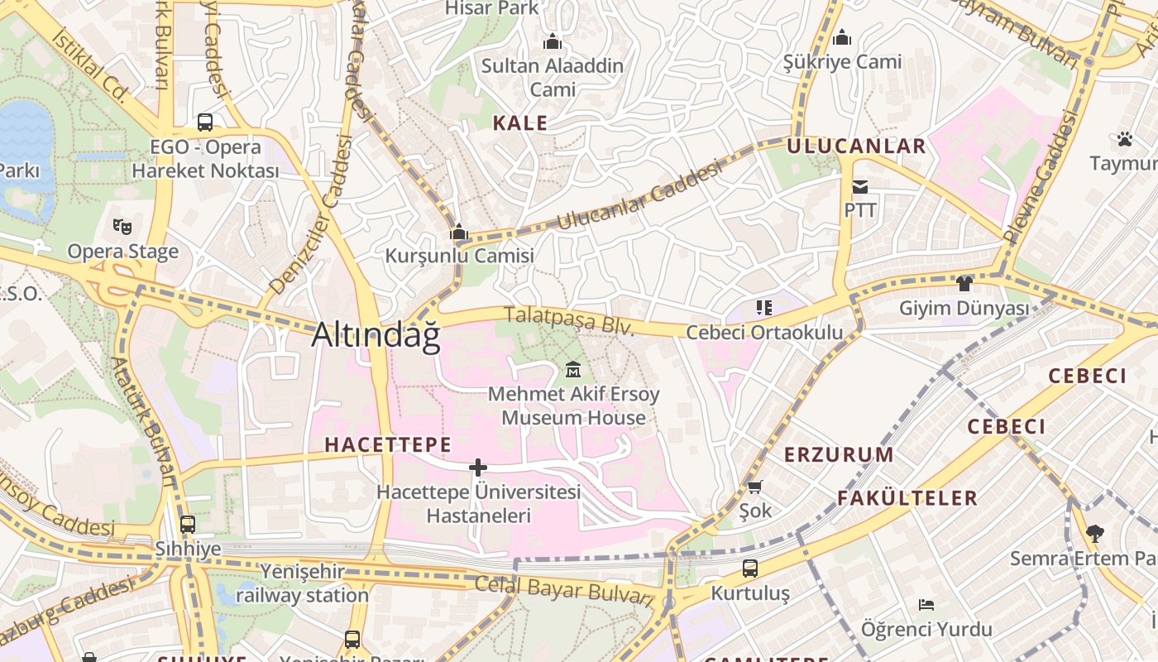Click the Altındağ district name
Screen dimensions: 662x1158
376,334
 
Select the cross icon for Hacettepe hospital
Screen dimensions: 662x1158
477,468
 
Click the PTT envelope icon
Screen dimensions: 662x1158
860,187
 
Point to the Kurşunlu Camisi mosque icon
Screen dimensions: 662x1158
459,233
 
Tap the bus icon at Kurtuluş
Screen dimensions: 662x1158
749,568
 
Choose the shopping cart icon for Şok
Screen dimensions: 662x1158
754,487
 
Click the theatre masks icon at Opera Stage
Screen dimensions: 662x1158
122,226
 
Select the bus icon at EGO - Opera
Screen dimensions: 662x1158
205,122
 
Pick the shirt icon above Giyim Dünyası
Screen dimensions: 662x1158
964,284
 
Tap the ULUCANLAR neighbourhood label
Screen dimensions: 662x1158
856,146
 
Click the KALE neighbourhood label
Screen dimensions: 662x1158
520,123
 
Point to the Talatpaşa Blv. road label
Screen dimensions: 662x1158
568,321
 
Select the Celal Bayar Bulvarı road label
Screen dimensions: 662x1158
564,590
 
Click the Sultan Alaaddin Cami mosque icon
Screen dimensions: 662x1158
552,41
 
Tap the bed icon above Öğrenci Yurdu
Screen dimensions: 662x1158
926,605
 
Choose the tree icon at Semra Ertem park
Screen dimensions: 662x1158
1095,533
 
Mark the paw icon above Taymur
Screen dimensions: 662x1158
1124,138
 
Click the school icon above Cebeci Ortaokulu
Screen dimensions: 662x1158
764,308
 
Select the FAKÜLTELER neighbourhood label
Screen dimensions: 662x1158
907,498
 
